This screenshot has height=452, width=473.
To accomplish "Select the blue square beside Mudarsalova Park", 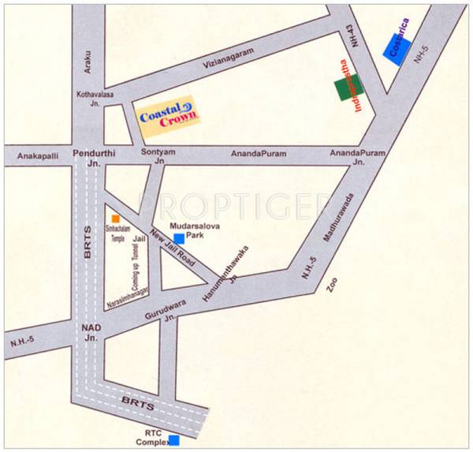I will click(x=179, y=237).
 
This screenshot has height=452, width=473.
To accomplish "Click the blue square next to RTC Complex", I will click(x=173, y=439).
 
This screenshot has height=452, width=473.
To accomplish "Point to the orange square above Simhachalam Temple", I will click(x=116, y=218).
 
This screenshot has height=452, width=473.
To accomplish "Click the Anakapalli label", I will click(x=37, y=155).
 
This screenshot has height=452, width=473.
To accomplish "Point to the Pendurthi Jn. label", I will click(x=88, y=156).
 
